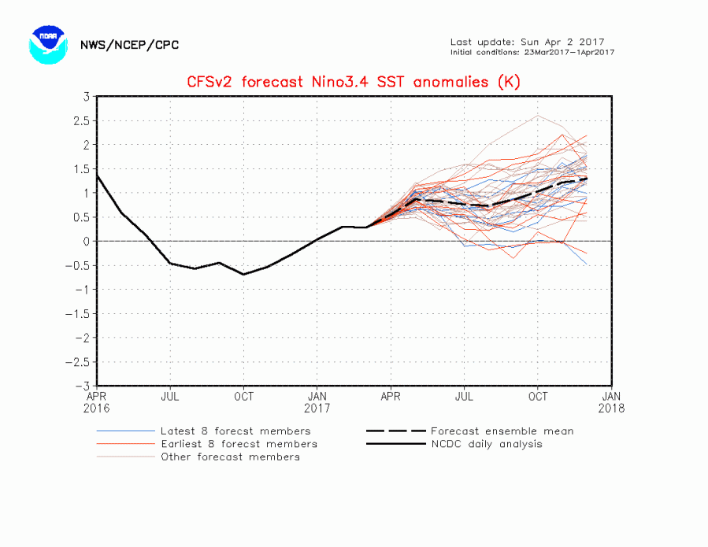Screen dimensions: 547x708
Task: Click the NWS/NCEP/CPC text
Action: (129, 45)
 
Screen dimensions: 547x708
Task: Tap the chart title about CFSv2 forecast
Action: (354, 81)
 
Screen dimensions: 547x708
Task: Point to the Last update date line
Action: (527, 42)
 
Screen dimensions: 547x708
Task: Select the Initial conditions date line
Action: (532, 52)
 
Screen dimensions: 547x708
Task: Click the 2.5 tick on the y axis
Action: (81, 120)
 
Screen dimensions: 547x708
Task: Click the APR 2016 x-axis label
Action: (97, 401)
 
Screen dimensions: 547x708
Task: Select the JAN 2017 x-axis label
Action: (317, 401)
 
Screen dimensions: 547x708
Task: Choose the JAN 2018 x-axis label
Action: (612, 401)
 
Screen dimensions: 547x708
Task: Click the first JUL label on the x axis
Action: (170, 396)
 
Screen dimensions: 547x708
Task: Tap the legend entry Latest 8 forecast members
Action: (235, 431)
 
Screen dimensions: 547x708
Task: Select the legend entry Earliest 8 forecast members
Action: (238, 444)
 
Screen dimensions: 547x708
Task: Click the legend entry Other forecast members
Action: (229, 457)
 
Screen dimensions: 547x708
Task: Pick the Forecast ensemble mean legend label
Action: (502, 431)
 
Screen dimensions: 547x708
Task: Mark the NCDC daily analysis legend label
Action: (486, 444)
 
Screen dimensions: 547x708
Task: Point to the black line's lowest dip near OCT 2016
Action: (243, 274)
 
